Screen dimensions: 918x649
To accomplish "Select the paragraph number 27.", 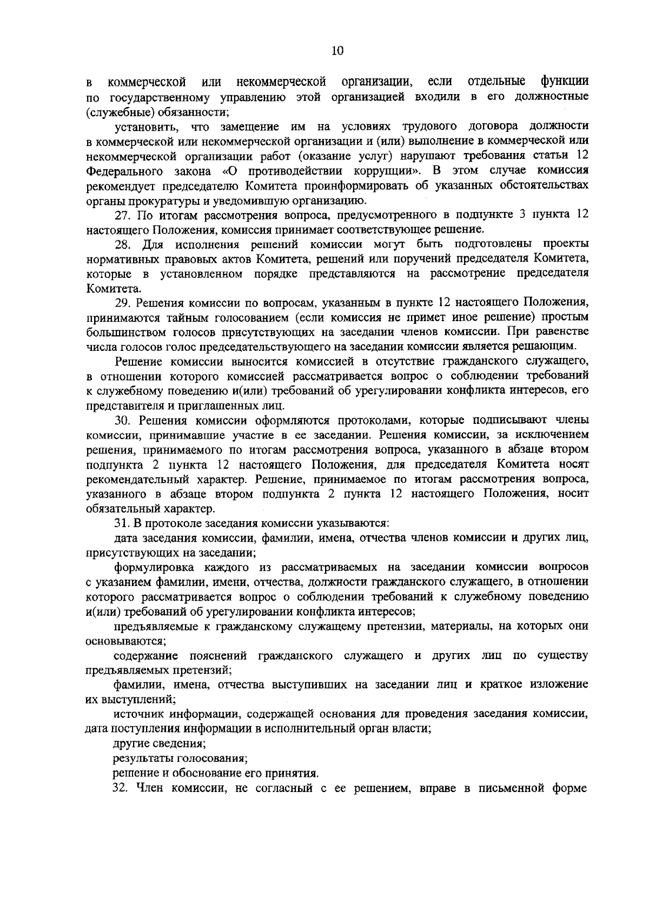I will (x=122, y=215).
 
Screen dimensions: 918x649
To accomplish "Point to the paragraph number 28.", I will (x=122, y=244).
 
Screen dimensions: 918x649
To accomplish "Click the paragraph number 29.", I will (x=122, y=301).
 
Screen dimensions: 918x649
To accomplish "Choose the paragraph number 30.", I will (x=122, y=420).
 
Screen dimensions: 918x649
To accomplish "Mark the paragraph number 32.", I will (x=122, y=788).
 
